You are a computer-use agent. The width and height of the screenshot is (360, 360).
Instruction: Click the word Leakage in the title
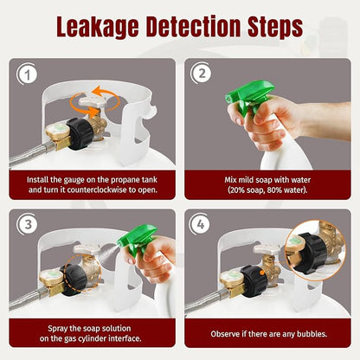pos(98,27)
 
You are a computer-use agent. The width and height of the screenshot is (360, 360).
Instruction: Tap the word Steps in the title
pos(275,27)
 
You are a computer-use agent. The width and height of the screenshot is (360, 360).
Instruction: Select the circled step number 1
pos(28,74)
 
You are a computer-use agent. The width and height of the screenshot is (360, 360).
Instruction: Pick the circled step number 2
pos(202,74)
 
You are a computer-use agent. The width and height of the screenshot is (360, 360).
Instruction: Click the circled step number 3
pos(28,224)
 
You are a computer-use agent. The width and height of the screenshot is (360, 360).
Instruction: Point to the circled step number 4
pos(200,224)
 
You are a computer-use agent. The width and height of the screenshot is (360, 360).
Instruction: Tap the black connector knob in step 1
pos(80,133)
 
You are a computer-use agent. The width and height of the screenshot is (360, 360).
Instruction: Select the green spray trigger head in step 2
pos(248,97)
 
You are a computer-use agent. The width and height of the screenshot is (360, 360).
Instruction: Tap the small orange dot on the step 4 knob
pos(262,273)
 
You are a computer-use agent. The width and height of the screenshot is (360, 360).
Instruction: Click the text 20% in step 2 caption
pos(237,190)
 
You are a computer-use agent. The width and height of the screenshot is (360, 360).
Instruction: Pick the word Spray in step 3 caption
pos(58,328)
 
